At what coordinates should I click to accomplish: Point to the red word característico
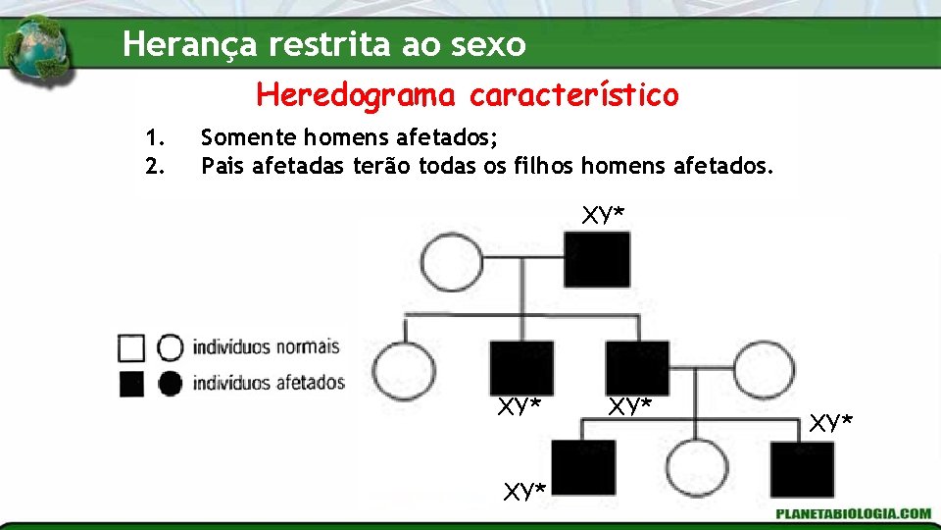pos(573,95)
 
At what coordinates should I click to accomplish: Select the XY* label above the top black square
pos(603,215)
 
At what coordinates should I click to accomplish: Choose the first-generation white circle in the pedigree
pos(451,263)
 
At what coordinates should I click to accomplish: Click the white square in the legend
pos(130,347)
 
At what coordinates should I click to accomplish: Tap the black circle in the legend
pos(170,382)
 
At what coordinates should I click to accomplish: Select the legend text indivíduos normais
pos(266,347)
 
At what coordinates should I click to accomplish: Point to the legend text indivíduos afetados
pos(269,382)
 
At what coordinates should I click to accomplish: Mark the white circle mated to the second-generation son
pos(764,368)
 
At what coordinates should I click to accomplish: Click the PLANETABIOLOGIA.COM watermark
pos(853,513)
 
